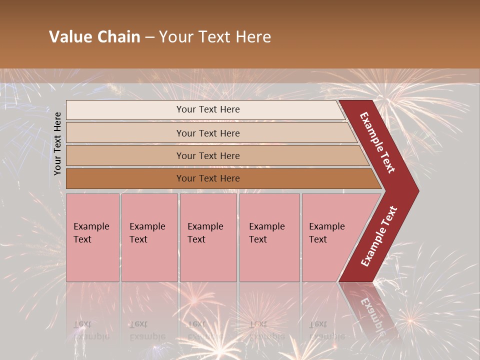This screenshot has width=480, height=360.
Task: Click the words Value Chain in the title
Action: tap(94, 37)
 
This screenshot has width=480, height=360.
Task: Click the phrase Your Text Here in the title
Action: tap(215, 37)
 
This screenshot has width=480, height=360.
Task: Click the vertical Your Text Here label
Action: tap(57, 143)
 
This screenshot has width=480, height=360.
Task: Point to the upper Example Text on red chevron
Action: tap(377, 142)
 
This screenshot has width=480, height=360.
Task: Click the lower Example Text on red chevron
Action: tap(378, 236)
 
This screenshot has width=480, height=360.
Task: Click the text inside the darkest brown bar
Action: tap(208, 178)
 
